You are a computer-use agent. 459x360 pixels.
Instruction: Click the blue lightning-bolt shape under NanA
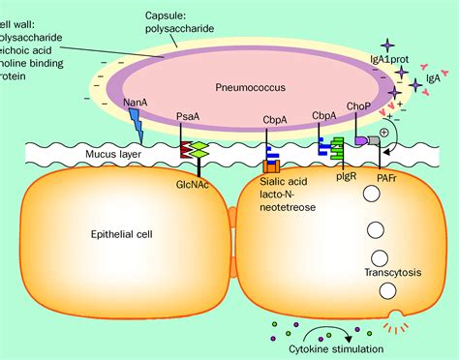pos(135,125)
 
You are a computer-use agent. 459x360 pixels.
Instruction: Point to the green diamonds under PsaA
pos(199,151)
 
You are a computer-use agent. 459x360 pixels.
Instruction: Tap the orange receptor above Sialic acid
pos(270,156)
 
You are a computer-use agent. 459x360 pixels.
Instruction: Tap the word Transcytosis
pos(386,272)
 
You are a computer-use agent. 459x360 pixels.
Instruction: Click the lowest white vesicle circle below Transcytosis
pos(386,291)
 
